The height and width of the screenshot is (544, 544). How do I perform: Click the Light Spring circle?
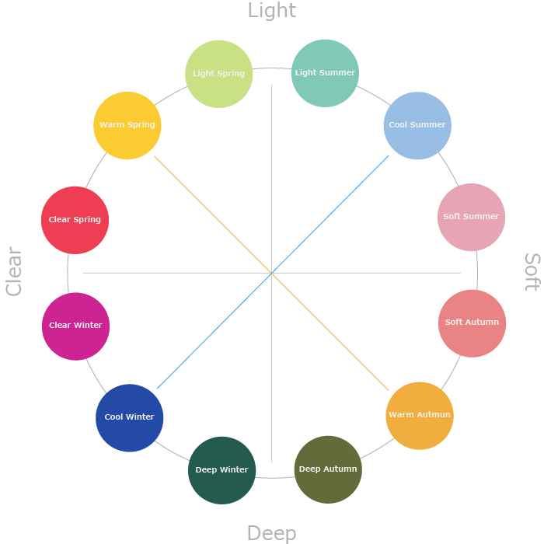pos(219,74)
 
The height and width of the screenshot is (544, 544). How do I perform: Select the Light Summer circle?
pos(325,73)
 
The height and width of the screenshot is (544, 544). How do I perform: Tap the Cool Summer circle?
pos(417,125)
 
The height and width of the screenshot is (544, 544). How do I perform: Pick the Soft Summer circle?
pos(471,217)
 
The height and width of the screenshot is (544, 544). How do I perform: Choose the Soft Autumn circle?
pos(472,323)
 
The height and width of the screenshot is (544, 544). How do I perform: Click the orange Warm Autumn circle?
pos(419,415)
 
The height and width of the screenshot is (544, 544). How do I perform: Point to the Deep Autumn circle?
pos(328,469)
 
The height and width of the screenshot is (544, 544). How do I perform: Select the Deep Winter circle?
pos(221,470)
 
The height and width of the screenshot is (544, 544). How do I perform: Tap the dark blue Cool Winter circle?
pos(129,417)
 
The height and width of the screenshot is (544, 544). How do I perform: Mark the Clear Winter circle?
pos(75,326)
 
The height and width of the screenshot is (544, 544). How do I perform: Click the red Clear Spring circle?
pos(75,220)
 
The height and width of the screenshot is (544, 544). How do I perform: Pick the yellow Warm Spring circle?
pos(127,125)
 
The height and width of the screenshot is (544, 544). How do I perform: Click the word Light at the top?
pos(271,11)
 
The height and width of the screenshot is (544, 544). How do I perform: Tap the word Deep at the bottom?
pos(271,533)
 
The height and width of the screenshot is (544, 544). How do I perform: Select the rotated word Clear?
pos(14,271)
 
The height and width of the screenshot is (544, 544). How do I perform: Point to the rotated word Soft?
pos(532,272)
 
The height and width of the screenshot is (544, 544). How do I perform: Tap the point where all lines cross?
pos(271,273)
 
